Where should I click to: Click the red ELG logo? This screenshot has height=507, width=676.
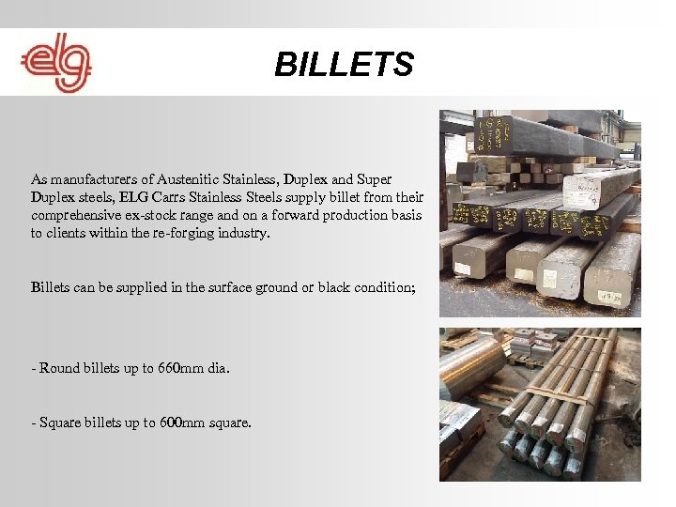point(55,63)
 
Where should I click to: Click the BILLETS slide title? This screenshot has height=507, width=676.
point(344,65)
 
